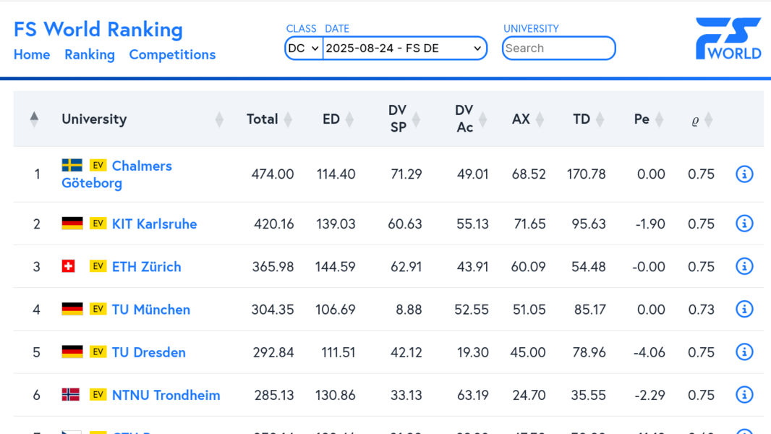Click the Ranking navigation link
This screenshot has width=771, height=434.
89,55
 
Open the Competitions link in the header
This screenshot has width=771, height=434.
172,55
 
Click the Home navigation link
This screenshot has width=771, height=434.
32,55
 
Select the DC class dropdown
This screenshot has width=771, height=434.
304,48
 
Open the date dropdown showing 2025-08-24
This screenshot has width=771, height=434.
404,48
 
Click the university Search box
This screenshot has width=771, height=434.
558,48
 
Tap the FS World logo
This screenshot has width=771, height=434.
728,39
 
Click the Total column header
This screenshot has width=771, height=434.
262,119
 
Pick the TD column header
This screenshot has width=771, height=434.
582,119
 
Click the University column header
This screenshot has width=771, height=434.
94,119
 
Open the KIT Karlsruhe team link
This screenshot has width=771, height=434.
154,224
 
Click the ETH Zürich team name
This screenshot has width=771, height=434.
146,267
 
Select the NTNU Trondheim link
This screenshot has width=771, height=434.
166,396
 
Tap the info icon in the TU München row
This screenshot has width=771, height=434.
744,310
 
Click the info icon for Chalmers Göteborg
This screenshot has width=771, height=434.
744,174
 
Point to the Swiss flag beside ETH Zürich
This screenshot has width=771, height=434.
69,266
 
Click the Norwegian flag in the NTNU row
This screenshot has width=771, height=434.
71,395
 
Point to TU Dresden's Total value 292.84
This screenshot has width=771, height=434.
273,353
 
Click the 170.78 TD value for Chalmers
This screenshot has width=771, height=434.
586,174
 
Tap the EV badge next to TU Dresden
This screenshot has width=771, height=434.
98,352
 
